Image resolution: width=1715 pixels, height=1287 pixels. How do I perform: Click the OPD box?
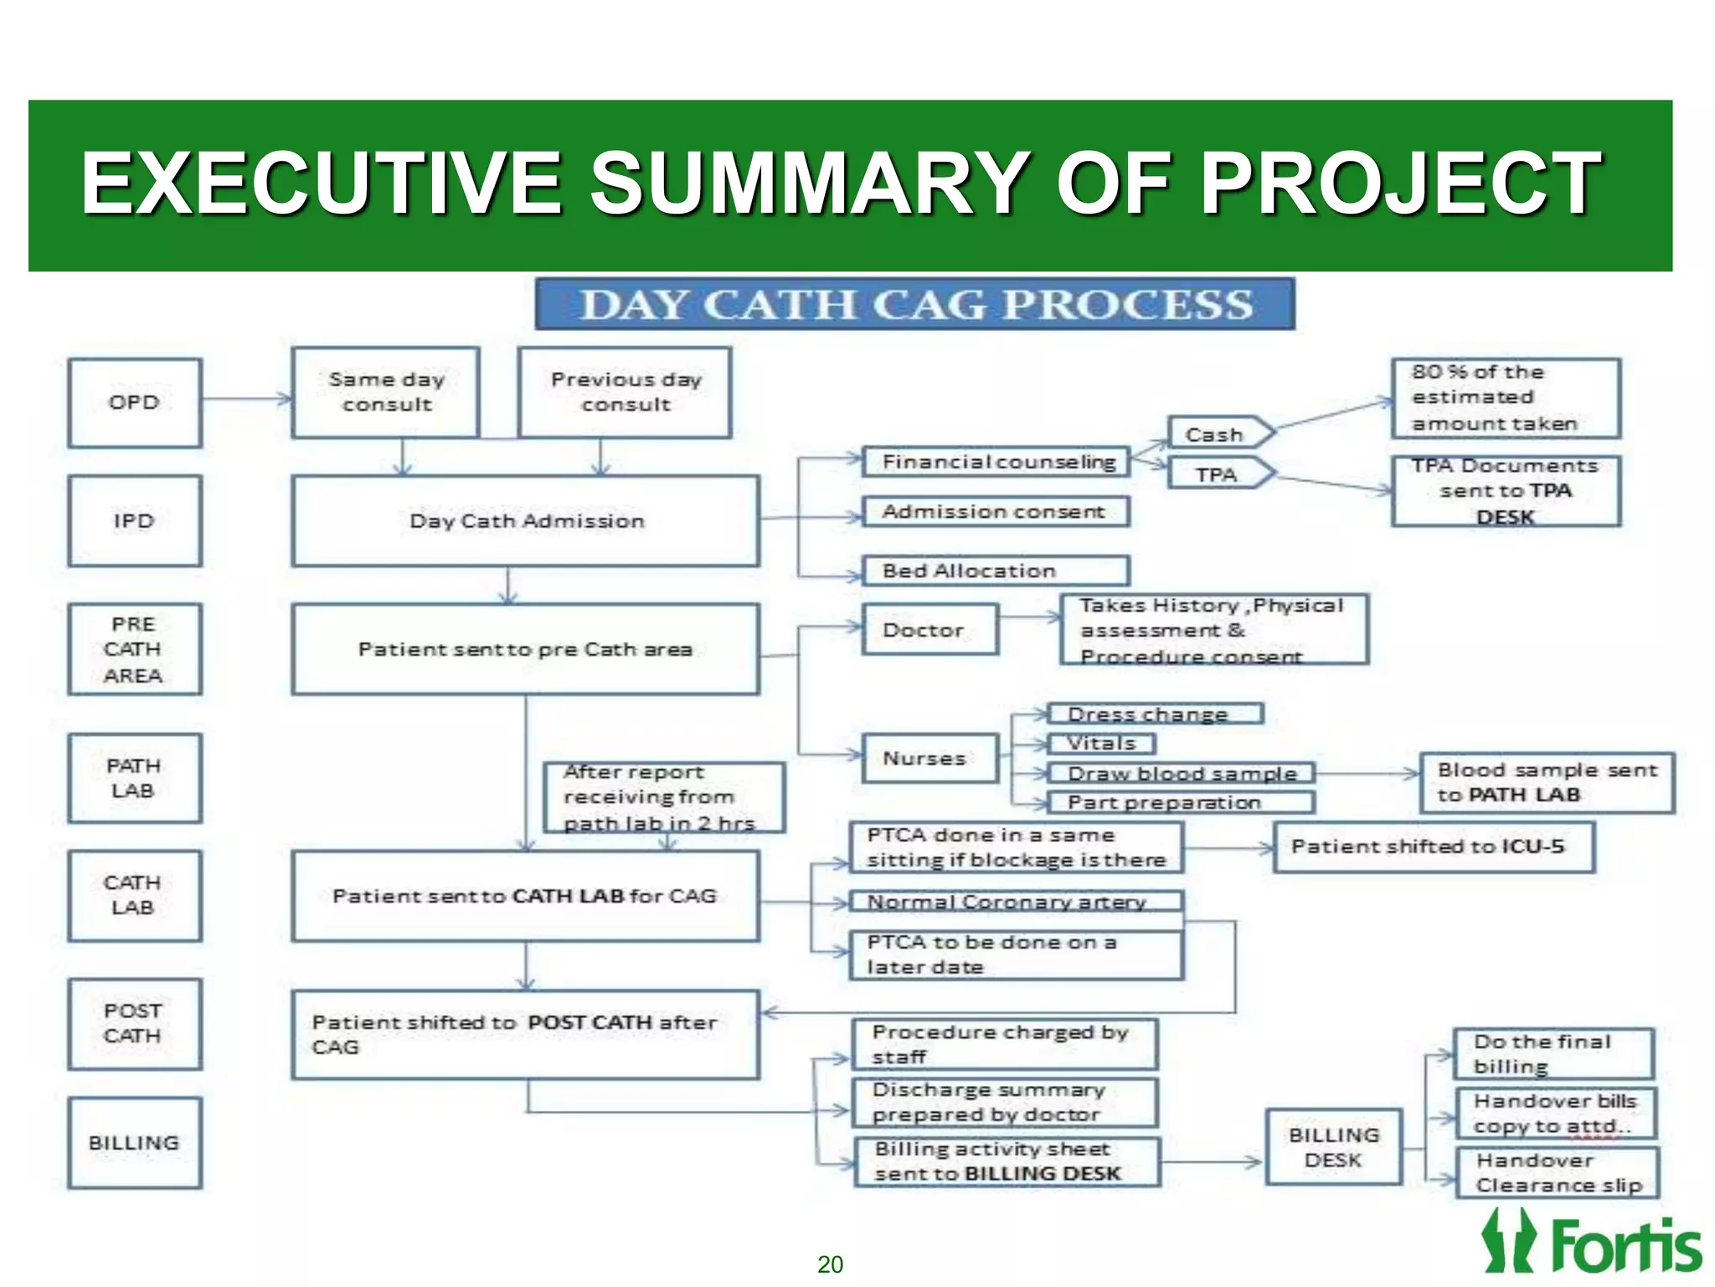pyautogui.click(x=135, y=403)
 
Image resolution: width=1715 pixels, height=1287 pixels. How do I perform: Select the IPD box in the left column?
pyautogui.click(x=135, y=521)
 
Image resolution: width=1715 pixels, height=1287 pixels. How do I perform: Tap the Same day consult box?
pyautogui.click(x=386, y=392)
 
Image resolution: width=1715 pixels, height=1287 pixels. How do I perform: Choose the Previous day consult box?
pyautogui.click(x=625, y=392)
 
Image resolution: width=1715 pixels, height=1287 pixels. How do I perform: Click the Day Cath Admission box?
pyautogui.click(x=526, y=521)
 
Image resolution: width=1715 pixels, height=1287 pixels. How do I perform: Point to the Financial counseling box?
pyautogui.click(x=997, y=462)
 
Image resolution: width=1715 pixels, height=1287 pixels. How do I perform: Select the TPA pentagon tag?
pyautogui.click(x=1219, y=474)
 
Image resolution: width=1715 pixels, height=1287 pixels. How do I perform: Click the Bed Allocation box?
pyautogui.click(x=997, y=571)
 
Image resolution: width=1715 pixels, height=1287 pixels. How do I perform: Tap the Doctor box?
pyautogui.click(x=930, y=630)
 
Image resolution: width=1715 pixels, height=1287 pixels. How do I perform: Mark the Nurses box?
pyautogui.click(x=930, y=758)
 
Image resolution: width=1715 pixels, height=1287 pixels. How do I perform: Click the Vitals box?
pyautogui.click(x=1100, y=743)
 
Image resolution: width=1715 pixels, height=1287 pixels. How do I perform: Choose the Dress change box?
pyautogui.click(x=1154, y=714)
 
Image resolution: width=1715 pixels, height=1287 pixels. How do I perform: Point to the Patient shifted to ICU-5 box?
pyautogui.click(x=1433, y=847)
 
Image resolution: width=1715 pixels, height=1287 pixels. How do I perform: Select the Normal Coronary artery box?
pyautogui.click(x=1016, y=902)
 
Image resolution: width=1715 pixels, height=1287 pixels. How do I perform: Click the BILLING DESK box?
pyautogui.click(x=1333, y=1147)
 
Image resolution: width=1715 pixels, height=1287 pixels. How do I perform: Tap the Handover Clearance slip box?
pyautogui.click(x=1557, y=1173)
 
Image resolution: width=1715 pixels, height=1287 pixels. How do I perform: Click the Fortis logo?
pyautogui.click(x=1591, y=1243)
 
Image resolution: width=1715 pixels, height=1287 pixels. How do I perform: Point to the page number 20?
pyautogui.click(x=830, y=1264)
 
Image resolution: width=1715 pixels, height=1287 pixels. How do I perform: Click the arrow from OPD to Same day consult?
pyautogui.click(x=247, y=400)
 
